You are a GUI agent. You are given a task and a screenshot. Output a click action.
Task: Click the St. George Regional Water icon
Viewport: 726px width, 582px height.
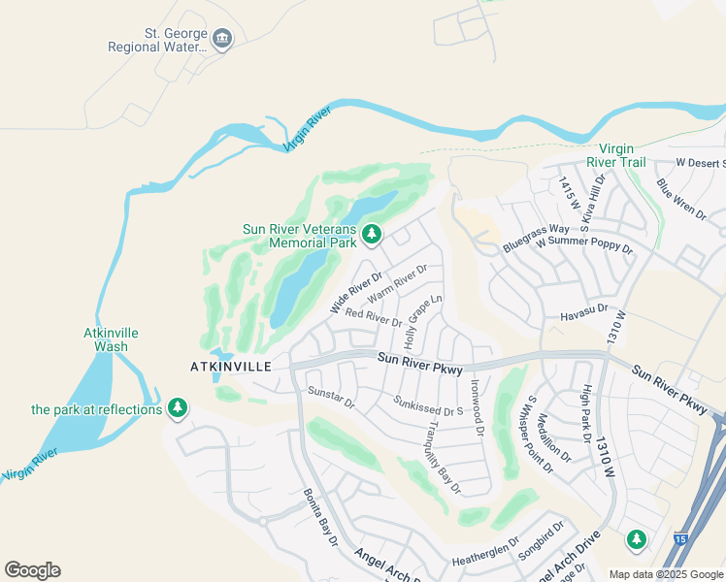222,40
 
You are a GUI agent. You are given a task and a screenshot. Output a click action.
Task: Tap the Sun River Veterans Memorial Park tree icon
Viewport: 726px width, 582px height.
371,235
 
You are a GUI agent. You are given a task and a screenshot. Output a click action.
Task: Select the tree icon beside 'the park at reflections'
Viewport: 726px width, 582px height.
177,408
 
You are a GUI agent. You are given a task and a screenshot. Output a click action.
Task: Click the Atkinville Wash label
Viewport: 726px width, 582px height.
111,339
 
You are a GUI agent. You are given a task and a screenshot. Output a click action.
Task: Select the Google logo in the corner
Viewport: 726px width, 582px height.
32,570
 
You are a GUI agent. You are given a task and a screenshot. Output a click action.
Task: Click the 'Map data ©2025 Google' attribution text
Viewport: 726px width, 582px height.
667,574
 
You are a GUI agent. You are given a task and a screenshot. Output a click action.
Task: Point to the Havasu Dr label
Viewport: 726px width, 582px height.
583,308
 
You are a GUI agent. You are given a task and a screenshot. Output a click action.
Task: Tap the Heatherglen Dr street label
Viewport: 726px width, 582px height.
486,561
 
